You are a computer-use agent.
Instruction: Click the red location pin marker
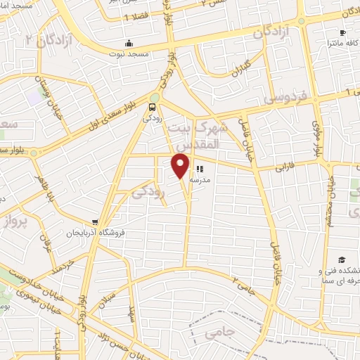181,165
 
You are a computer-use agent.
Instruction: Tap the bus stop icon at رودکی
153,107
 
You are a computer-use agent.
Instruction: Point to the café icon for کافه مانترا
342,32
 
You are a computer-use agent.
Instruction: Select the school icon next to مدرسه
200,169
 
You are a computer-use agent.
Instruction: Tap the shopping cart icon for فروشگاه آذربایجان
95,222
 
